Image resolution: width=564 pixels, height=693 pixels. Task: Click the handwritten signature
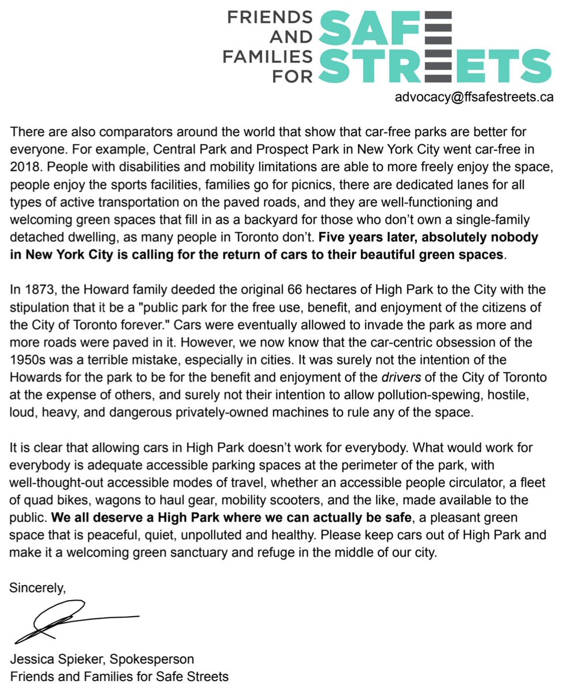click(69, 621)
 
